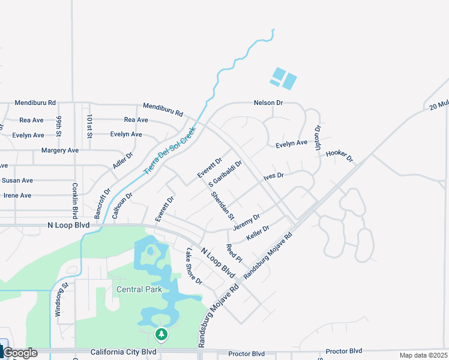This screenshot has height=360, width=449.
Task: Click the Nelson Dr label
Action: coord(268,103)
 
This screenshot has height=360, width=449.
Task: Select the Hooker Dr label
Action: coord(339,156)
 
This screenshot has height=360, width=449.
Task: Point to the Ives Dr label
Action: coord(273,177)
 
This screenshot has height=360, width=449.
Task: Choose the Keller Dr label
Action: coord(258,234)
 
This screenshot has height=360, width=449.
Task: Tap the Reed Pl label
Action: coord(234,253)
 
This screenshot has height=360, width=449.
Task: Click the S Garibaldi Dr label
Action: coord(224,173)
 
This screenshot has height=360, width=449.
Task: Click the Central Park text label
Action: coord(139,289)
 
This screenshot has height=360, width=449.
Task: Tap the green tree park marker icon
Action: coord(160,334)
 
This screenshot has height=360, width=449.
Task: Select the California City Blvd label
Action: coord(123,352)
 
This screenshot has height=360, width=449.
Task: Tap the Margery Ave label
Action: coord(60,151)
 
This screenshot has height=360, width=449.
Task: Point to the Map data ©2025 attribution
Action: coord(423,355)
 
